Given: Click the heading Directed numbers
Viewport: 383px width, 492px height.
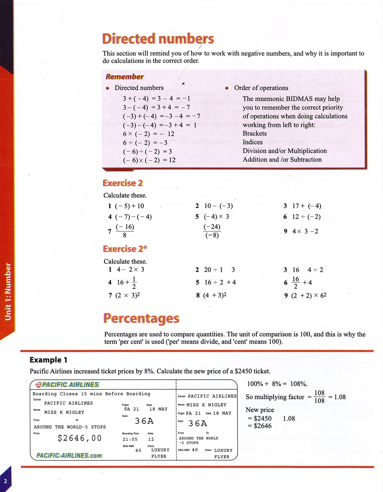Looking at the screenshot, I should (x=158, y=39).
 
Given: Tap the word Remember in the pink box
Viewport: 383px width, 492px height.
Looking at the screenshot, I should (x=124, y=77).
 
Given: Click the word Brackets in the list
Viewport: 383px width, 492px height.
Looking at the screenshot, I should (x=255, y=133).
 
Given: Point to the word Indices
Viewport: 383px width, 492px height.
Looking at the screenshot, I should (x=253, y=142).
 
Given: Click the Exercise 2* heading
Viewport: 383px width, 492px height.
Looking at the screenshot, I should (x=125, y=249).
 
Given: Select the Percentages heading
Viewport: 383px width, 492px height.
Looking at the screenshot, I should (x=141, y=318).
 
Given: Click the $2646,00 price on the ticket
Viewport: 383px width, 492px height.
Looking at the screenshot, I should (x=80, y=438).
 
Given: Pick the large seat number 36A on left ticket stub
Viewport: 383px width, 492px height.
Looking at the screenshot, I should (x=144, y=421).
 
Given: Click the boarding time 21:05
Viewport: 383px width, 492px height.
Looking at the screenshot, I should (x=130, y=439).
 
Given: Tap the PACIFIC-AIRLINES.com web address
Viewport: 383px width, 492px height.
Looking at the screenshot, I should (x=69, y=456).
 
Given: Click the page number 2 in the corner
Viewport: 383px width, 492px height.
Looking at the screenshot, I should (x=5, y=482).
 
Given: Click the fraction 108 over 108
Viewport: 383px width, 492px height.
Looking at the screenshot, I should (x=319, y=397).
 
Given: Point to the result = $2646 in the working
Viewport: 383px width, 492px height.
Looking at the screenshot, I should (x=259, y=426).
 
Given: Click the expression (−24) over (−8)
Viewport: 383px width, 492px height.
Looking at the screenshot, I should (x=212, y=231).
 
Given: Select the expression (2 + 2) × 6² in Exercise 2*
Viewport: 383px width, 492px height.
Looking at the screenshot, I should (x=305, y=295).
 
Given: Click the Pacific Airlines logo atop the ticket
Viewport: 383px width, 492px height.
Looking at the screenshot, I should (x=67, y=385).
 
